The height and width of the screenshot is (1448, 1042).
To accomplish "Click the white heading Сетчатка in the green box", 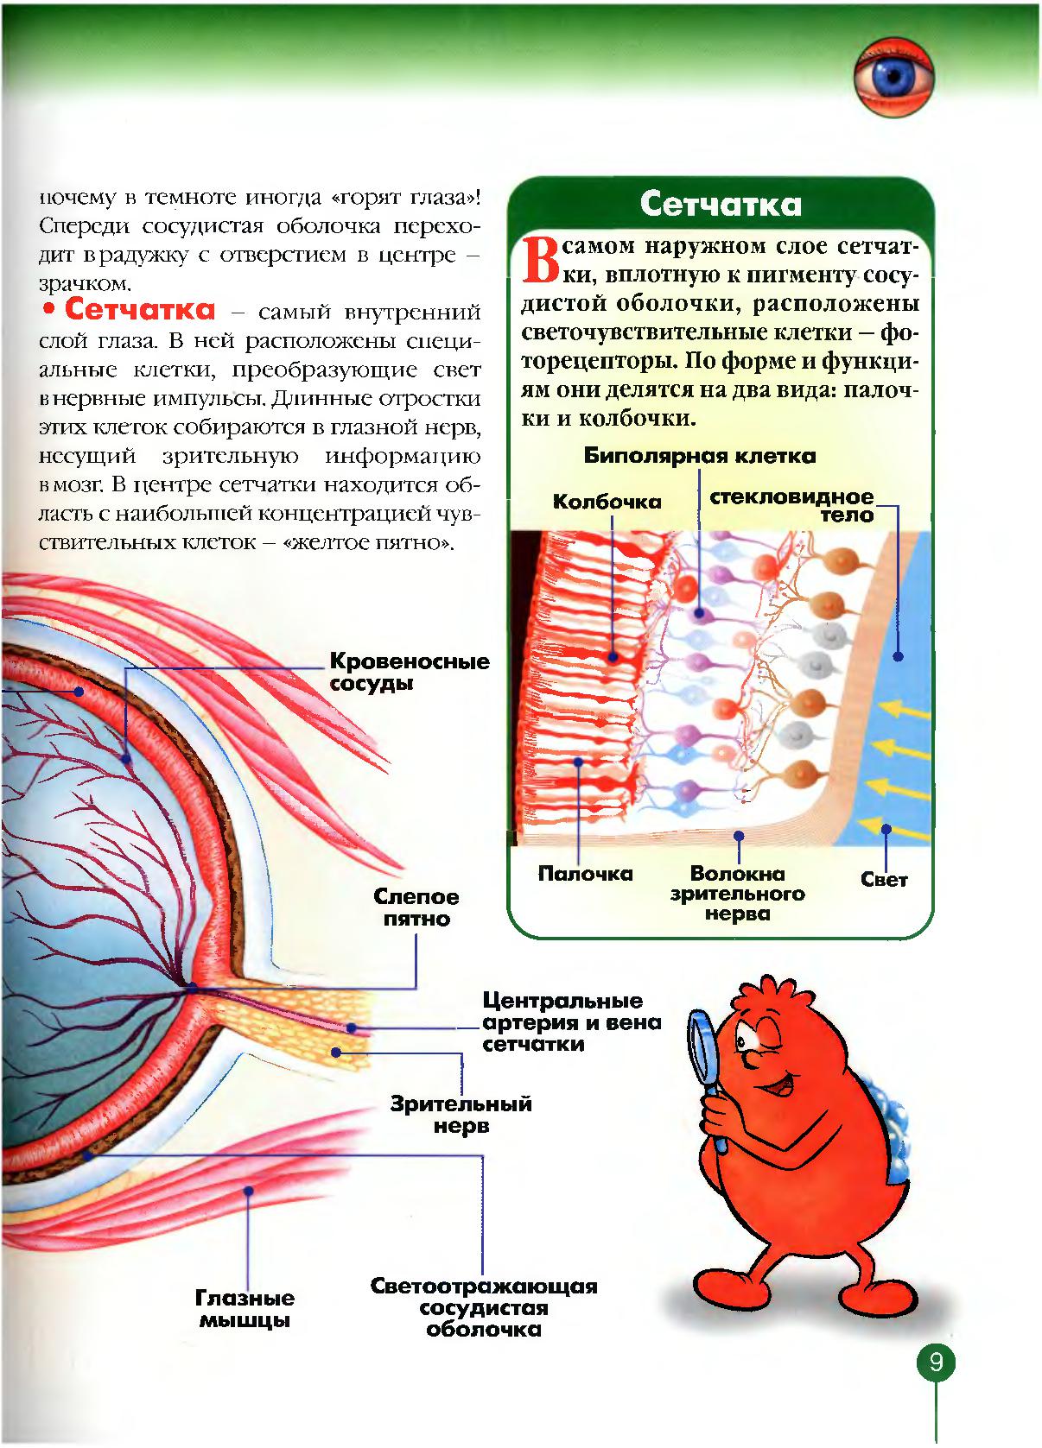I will pyautogui.click(x=721, y=205).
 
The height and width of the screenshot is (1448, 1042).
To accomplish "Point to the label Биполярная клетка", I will pyautogui.click(x=700, y=456).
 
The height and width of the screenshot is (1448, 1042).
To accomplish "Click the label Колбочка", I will pyautogui.click(x=607, y=502).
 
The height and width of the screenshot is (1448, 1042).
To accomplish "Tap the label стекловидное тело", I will pyautogui.click(x=791, y=506).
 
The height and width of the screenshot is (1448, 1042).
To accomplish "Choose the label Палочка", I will pyautogui.click(x=585, y=874).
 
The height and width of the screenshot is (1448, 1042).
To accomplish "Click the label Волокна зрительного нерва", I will pyautogui.click(x=737, y=894).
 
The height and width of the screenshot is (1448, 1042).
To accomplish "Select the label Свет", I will pyautogui.click(x=884, y=880).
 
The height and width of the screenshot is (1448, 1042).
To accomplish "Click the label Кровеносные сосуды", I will pyautogui.click(x=410, y=672).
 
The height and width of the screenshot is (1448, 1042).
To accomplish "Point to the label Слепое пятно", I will pyautogui.click(x=417, y=907).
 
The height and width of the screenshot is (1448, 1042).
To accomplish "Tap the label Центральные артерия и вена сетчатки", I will pyautogui.click(x=571, y=1022).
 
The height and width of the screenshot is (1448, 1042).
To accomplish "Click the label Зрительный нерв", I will pyautogui.click(x=461, y=1115).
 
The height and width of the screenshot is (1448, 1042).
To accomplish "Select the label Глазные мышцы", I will pyautogui.click(x=245, y=1309).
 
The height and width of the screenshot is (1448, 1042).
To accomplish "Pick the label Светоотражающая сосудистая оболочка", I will pyautogui.click(x=484, y=1308).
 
